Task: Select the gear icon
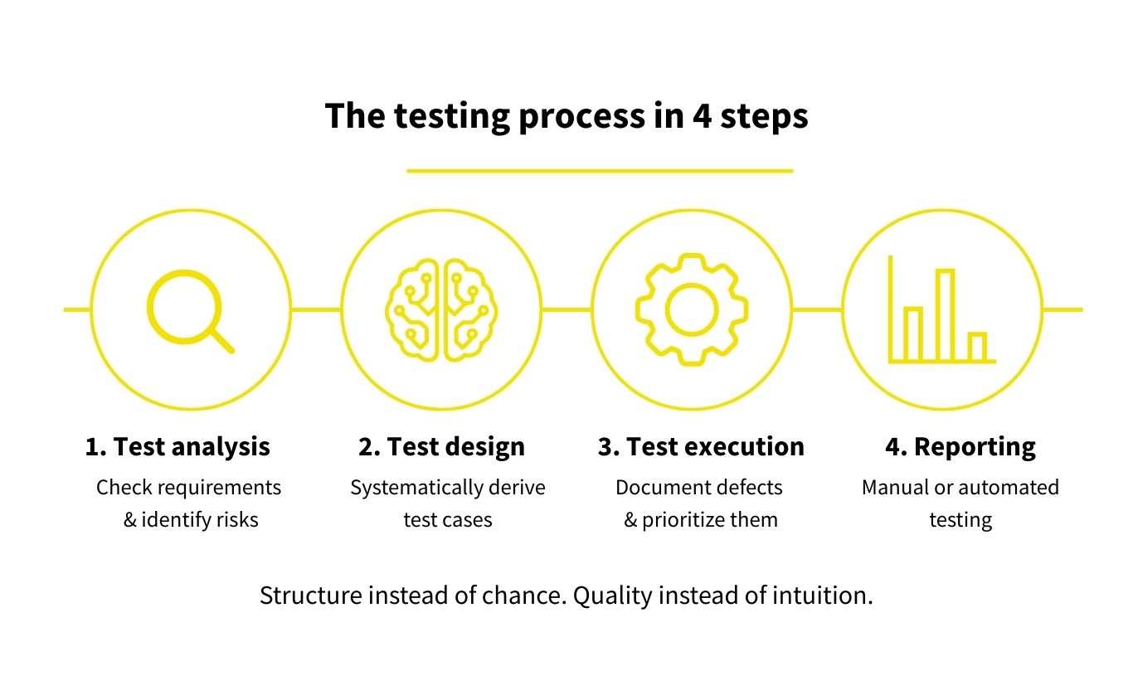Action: click(692, 309)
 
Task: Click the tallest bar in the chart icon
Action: click(945, 315)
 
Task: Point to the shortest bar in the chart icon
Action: click(977, 347)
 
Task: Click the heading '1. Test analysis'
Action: click(177, 447)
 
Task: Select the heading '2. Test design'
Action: click(441, 447)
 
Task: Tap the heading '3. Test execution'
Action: click(701, 447)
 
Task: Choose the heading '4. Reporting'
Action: click(960, 447)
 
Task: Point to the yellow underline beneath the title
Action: click(599, 171)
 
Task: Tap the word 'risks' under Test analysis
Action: click(237, 520)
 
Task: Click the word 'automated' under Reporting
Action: click(1009, 488)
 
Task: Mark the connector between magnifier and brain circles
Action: click(315, 309)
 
